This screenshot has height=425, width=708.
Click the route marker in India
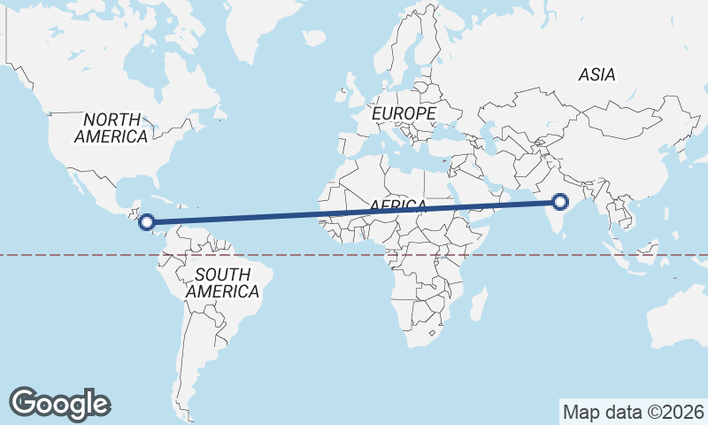[559, 202]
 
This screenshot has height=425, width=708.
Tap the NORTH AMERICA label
[112, 127]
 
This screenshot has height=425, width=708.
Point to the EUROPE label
[404, 114]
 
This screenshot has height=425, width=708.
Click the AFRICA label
[398, 205]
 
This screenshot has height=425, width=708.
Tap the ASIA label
[597, 75]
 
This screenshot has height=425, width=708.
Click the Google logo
[59, 404]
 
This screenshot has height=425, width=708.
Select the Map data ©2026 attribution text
[634, 412]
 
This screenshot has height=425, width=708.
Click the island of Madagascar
[477, 305]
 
